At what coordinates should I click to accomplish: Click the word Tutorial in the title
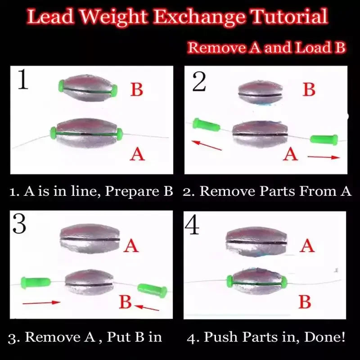tap(290, 17)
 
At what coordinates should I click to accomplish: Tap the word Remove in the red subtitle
tap(216, 48)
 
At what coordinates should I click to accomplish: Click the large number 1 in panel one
tap(23, 80)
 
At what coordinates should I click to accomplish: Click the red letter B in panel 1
tap(137, 89)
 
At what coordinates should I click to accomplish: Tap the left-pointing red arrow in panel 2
tap(207, 145)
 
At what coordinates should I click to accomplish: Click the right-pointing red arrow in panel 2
tap(324, 157)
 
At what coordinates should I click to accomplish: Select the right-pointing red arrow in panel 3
tap(41, 302)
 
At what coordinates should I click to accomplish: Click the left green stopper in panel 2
tap(206, 125)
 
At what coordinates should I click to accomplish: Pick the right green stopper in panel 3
tap(153, 290)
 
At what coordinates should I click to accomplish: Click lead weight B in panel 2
tap(261, 94)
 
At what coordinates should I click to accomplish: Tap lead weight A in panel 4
tap(256, 242)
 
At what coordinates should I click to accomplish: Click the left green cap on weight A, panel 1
tap(54, 133)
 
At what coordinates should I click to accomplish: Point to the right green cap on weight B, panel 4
tap(284, 282)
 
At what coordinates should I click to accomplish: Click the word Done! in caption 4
tap(324, 337)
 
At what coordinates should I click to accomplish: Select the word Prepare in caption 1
tap(132, 191)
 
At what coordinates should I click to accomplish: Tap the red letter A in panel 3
tap(131, 246)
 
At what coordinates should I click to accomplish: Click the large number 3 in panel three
tap(19, 223)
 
